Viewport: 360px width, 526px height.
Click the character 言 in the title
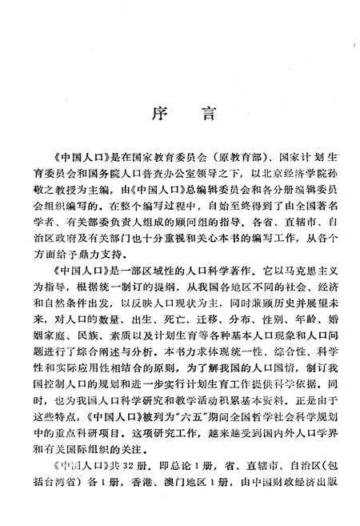(207, 114)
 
